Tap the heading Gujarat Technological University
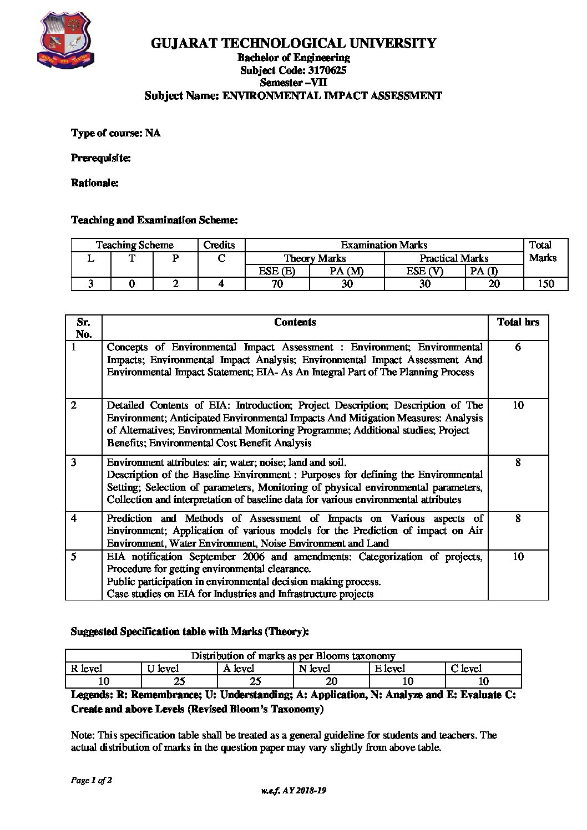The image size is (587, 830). click(x=293, y=43)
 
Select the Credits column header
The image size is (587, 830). click(x=219, y=245)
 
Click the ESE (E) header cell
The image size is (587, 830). click(x=277, y=271)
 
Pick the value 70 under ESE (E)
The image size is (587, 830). click(x=277, y=284)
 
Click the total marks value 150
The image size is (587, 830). click(x=545, y=284)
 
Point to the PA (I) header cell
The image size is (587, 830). click(x=484, y=271)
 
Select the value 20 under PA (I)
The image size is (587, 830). click(x=494, y=284)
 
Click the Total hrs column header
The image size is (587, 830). click(x=518, y=322)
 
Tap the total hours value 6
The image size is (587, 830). click(x=518, y=347)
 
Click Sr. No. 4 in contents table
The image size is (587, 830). click(x=74, y=518)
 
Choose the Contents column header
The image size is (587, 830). click(x=295, y=322)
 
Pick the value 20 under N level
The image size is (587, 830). click(x=331, y=681)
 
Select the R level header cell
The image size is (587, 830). click(x=87, y=669)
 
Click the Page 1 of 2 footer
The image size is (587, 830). click(x=92, y=781)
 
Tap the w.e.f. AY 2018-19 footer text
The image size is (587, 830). click(x=293, y=791)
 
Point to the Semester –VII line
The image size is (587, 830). click(x=293, y=83)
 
